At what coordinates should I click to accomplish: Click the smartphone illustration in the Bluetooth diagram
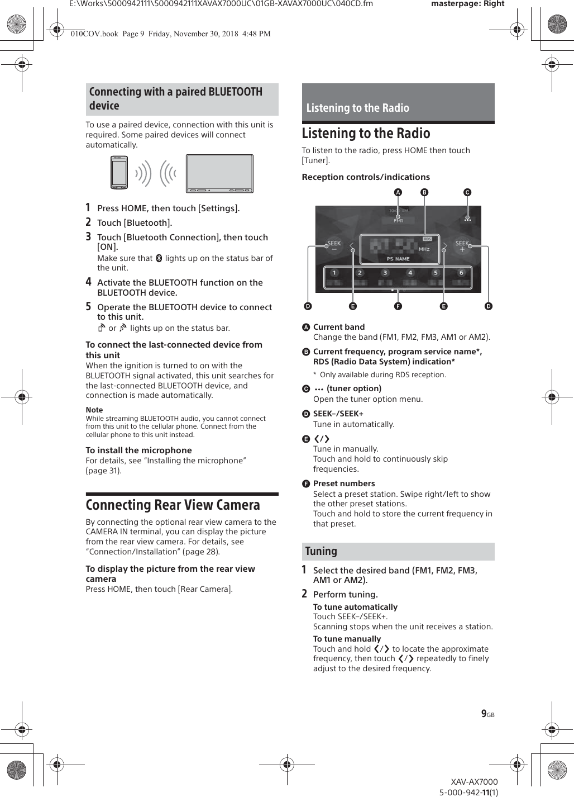coord(119,173)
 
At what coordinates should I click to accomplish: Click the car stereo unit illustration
coord(219,174)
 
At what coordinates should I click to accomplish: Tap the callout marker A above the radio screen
coord(398,192)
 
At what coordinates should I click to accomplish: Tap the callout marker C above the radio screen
coord(467,192)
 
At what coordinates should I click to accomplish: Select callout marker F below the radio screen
coord(398,306)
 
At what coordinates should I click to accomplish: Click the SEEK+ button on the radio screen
coord(462,246)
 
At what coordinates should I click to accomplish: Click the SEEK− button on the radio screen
coord(334,246)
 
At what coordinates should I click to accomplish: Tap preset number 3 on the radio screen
coord(385,273)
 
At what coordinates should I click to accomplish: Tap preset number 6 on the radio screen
coord(461,273)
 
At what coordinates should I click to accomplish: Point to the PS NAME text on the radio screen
coord(398,259)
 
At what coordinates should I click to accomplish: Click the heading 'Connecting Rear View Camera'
coord(173,505)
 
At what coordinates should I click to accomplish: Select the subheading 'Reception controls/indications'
coord(366,177)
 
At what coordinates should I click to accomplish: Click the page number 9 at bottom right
coord(484,714)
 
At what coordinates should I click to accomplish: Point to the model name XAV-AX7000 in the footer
coord(474,782)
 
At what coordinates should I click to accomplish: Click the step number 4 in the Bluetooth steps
coord(88,282)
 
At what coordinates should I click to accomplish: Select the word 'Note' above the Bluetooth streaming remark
coord(94,410)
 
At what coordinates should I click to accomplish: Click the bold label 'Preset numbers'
coord(344,483)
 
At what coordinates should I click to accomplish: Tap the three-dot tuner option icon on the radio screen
coord(467,219)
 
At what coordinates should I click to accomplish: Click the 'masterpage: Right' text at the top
coord(467,4)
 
